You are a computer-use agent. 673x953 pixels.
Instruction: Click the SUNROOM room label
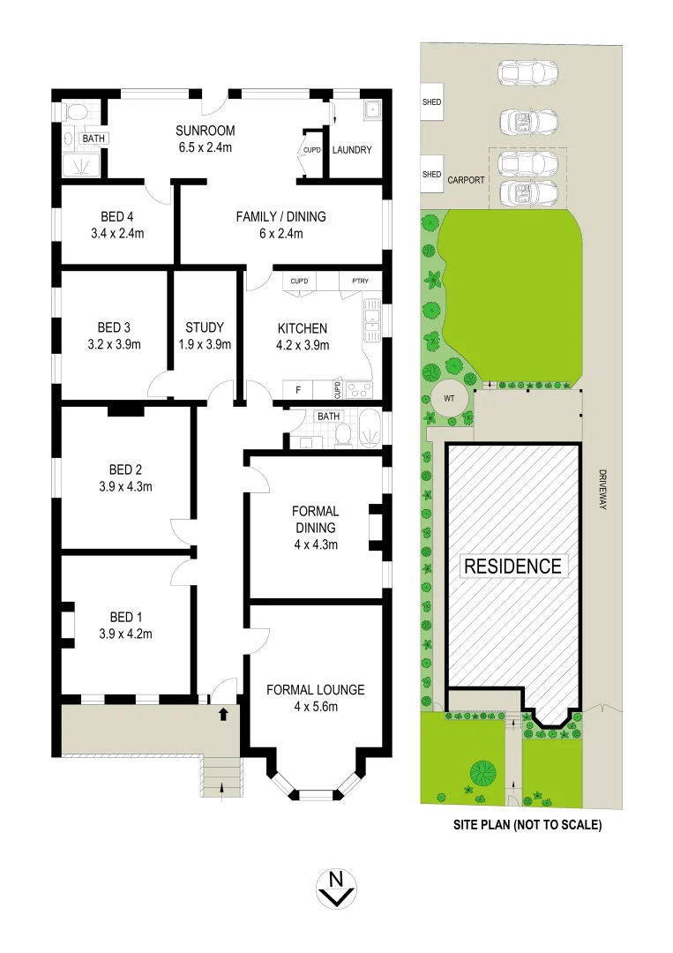click(x=204, y=131)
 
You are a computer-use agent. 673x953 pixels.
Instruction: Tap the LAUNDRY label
click(x=351, y=150)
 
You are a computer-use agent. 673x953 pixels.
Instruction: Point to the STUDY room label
click(x=205, y=326)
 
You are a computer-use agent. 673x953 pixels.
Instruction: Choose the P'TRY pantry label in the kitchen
click(x=359, y=281)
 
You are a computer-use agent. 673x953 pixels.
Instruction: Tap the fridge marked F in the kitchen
click(x=297, y=388)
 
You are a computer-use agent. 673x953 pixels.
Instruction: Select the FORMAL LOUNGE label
click(x=315, y=689)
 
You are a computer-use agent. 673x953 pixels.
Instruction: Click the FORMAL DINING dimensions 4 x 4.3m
click(x=315, y=544)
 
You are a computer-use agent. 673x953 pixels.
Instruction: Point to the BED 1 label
click(x=125, y=617)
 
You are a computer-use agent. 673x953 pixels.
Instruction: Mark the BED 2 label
click(x=125, y=469)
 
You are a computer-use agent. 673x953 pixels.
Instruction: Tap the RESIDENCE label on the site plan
click(x=512, y=566)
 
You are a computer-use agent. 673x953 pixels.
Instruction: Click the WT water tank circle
click(x=448, y=398)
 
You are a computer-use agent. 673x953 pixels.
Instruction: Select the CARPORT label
click(x=465, y=179)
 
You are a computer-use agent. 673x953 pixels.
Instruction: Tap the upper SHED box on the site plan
click(x=431, y=102)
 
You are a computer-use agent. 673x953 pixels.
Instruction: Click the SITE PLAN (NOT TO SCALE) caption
click(x=527, y=827)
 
